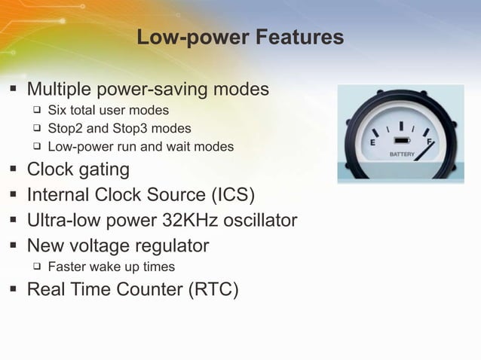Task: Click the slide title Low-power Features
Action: (x=240, y=37)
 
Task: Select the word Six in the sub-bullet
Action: (x=58, y=111)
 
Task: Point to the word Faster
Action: (x=68, y=267)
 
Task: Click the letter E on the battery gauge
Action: (x=372, y=142)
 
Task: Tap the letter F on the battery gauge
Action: (x=429, y=141)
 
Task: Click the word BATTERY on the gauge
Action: (x=402, y=154)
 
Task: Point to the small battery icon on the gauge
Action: (x=401, y=141)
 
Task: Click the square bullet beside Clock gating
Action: (x=14, y=169)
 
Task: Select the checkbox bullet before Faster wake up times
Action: (x=35, y=267)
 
